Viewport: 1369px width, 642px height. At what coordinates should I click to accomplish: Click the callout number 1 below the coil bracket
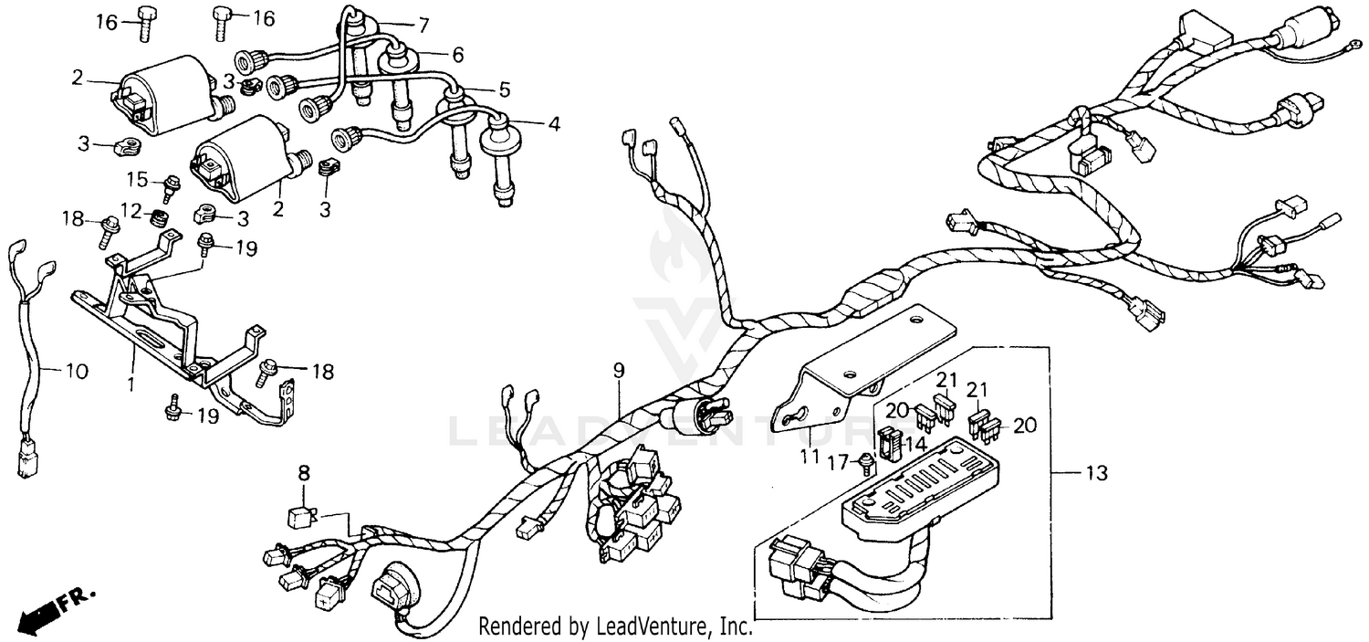tap(131, 385)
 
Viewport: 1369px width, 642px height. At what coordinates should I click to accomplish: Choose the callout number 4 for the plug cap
tap(553, 122)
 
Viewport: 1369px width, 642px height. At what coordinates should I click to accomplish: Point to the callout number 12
tap(132, 211)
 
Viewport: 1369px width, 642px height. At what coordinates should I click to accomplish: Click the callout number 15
tap(137, 178)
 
